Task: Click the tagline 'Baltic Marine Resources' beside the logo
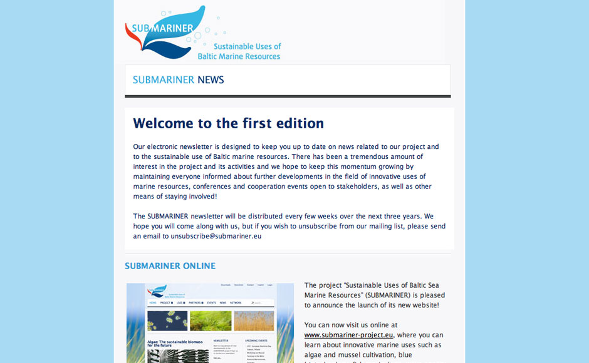tap(239, 56)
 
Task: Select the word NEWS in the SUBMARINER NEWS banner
tap(211, 80)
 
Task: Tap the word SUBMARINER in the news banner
tap(164, 80)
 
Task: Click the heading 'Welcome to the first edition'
tap(228, 123)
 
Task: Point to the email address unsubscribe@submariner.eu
tap(216, 237)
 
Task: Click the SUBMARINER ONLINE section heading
tap(170, 266)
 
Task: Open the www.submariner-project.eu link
tap(349, 335)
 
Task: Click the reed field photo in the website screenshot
tap(254, 321)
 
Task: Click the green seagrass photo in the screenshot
tap(211, 321)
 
